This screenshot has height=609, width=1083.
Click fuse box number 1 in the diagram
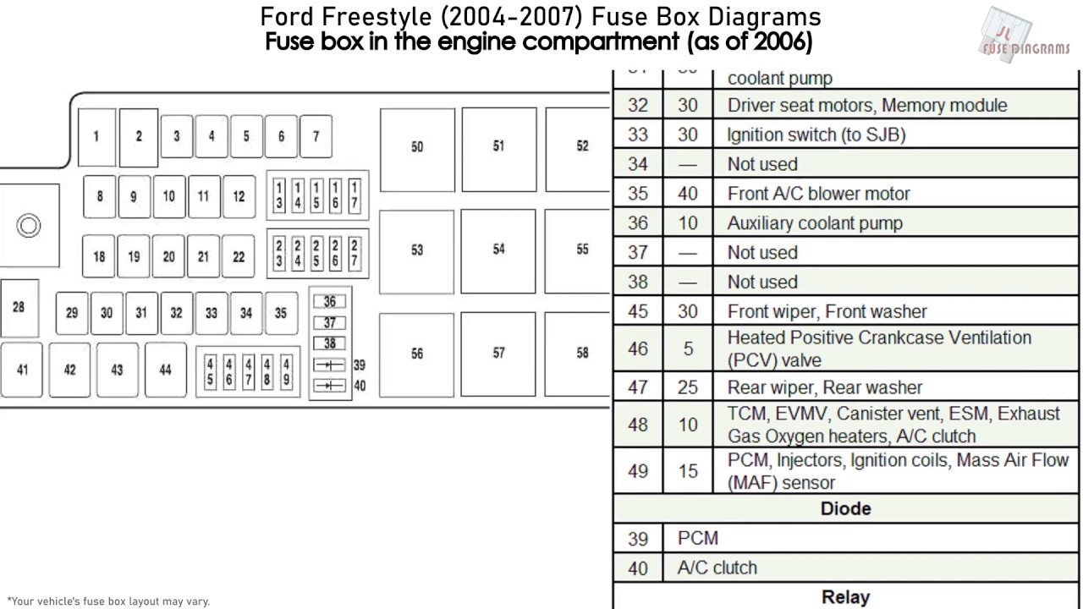tap(96, 137)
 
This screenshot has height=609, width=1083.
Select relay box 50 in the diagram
tap(417, 148)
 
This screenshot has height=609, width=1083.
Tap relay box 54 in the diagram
tap(498, 250)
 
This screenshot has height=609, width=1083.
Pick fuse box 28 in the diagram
tap(19, 308)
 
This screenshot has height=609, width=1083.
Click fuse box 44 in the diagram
tap(165, 370)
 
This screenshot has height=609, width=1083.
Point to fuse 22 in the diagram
tap(239, 257)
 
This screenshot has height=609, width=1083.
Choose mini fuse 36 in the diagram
tap(330, 302)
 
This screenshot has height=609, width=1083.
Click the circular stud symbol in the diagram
tap(29, 226)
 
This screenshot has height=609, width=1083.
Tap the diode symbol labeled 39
tap(330, 365)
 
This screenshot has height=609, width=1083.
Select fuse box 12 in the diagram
tap(239, 197)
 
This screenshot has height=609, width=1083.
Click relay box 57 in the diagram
tap(498, 354)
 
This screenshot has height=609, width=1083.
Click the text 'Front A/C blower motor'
tap(818, 194)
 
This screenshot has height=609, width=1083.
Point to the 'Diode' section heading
tap(845, 508)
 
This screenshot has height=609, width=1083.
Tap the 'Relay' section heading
tap(845, 597)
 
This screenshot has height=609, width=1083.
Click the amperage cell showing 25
tap(688, 387)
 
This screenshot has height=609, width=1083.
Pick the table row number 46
tap(638, 348)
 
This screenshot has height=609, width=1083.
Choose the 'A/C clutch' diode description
tap(717, 568)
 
